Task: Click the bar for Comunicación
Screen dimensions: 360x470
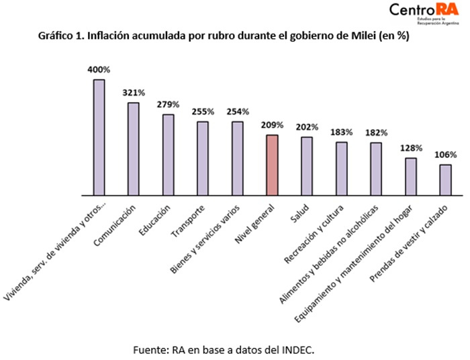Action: point(134,148)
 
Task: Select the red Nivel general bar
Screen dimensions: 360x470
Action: point(272,165)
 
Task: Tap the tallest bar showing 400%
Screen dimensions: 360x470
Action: point(99,137)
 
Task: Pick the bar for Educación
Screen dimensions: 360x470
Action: point(169,154)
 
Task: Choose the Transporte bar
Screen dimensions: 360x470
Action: point(203,159)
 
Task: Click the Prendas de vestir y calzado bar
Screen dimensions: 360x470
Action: point(445,180)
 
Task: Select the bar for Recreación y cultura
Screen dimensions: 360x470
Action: point(342,169)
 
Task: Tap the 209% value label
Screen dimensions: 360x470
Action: point(273,125)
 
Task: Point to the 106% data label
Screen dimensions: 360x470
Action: point(445,154)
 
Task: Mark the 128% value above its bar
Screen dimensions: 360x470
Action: point(411,148)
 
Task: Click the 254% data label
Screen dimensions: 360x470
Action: point(238,111)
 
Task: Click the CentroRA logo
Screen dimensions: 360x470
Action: point(425,13)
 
